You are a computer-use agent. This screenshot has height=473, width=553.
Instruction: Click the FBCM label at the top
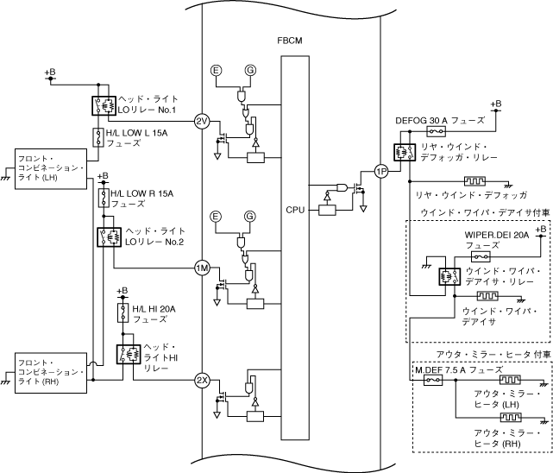pyautogui.click(x=290, y=41)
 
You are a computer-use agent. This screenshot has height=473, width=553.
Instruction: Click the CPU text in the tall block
pyautogui.click(x=293, y=210)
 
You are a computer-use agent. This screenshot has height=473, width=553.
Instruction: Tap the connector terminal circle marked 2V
pyautogui.click(x=202, y=121)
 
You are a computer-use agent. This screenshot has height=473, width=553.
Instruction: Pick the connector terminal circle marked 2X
pyautogui.click(x=202, y=380)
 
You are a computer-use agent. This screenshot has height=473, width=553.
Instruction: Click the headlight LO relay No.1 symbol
pyautogui.click(x=104, y=105)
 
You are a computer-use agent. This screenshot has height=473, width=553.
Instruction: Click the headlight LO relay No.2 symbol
pyautogui.click(x=109, y=236)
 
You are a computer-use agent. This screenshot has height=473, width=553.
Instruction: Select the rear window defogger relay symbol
pyautogui.click(x=403, y=151)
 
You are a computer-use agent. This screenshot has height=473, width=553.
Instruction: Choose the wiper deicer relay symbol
pyautogui.click(x=449, y=277)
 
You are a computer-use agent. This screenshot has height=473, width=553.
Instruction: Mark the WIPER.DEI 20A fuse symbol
pyautogui.click(x=481, y=256)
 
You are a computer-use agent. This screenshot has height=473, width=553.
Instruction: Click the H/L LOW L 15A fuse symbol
pyautogui.click(x=97, y=136)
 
